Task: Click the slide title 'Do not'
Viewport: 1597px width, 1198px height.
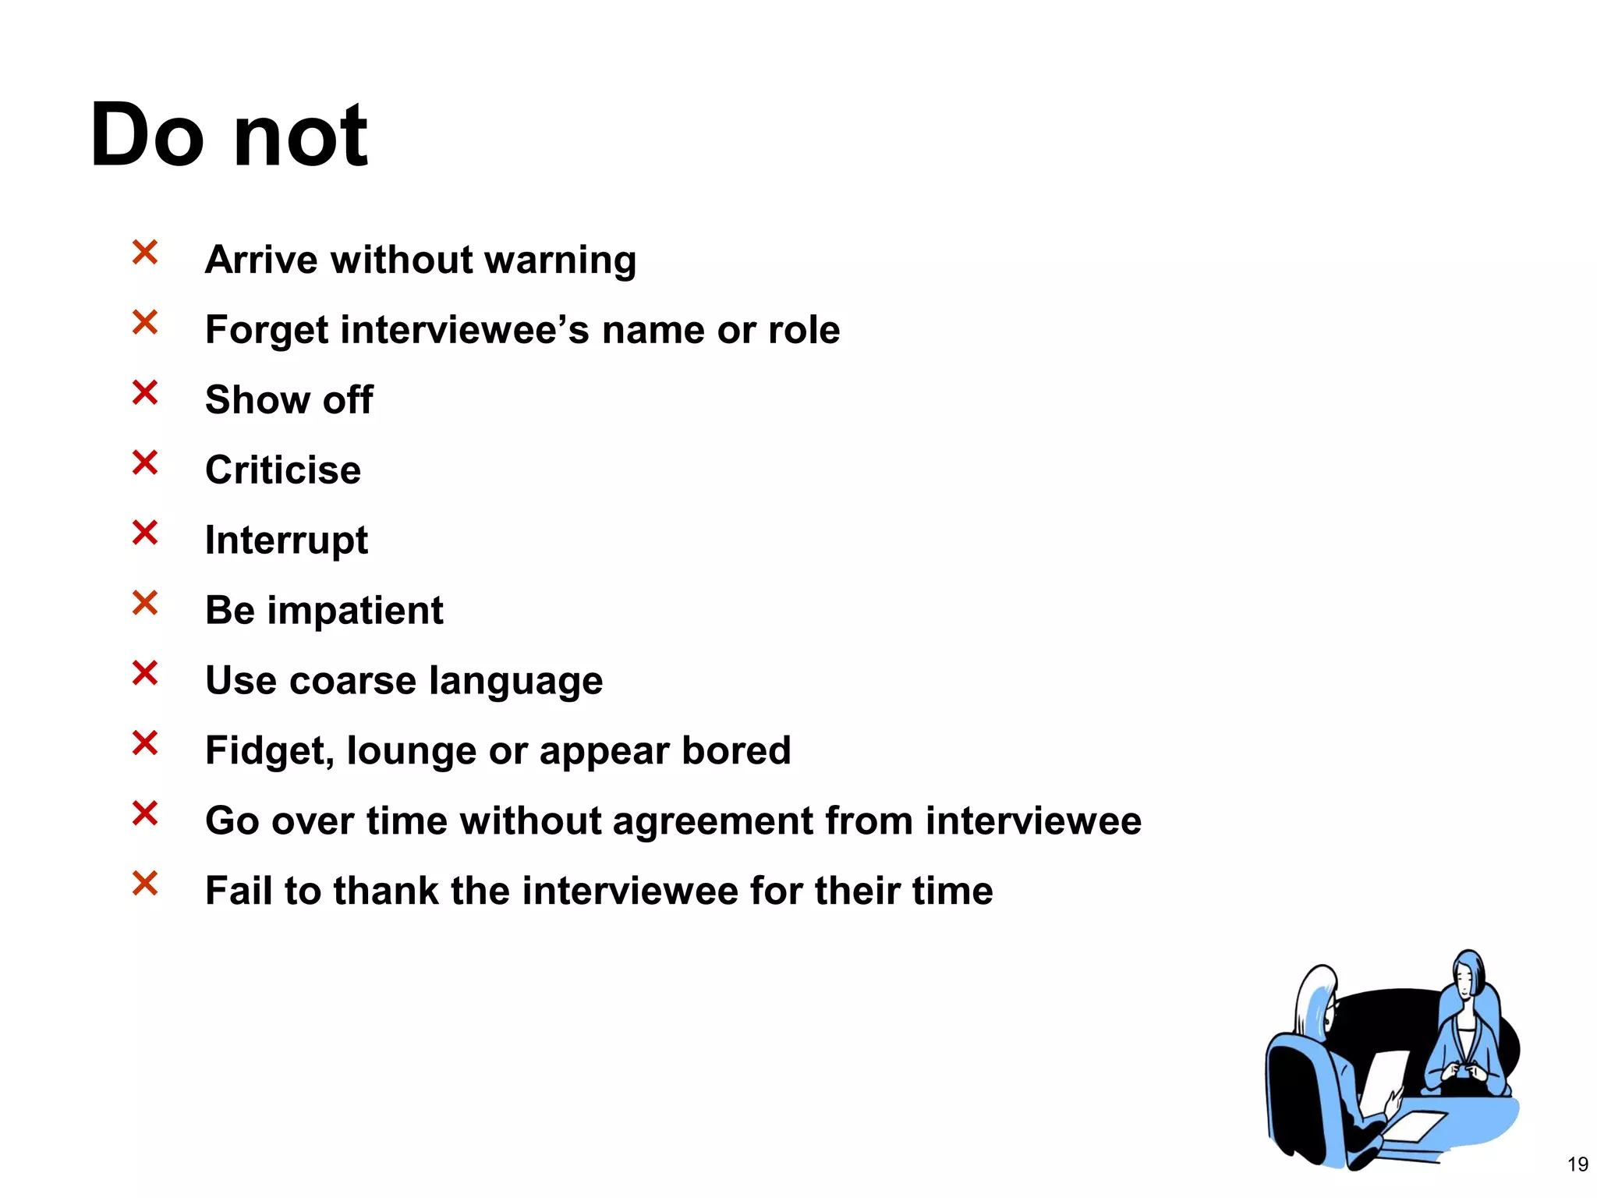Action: [228, 136]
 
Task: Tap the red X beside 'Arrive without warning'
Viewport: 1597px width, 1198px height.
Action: [145, 253]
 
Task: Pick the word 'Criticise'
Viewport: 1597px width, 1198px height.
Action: [283, 470]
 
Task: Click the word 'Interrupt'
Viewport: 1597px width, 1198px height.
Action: [286, 541]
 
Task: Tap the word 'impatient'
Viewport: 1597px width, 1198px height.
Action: [355, 611]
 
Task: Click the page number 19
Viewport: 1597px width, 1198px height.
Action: [1578, 1164]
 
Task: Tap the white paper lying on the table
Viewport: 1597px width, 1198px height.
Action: [1415, 1125]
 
